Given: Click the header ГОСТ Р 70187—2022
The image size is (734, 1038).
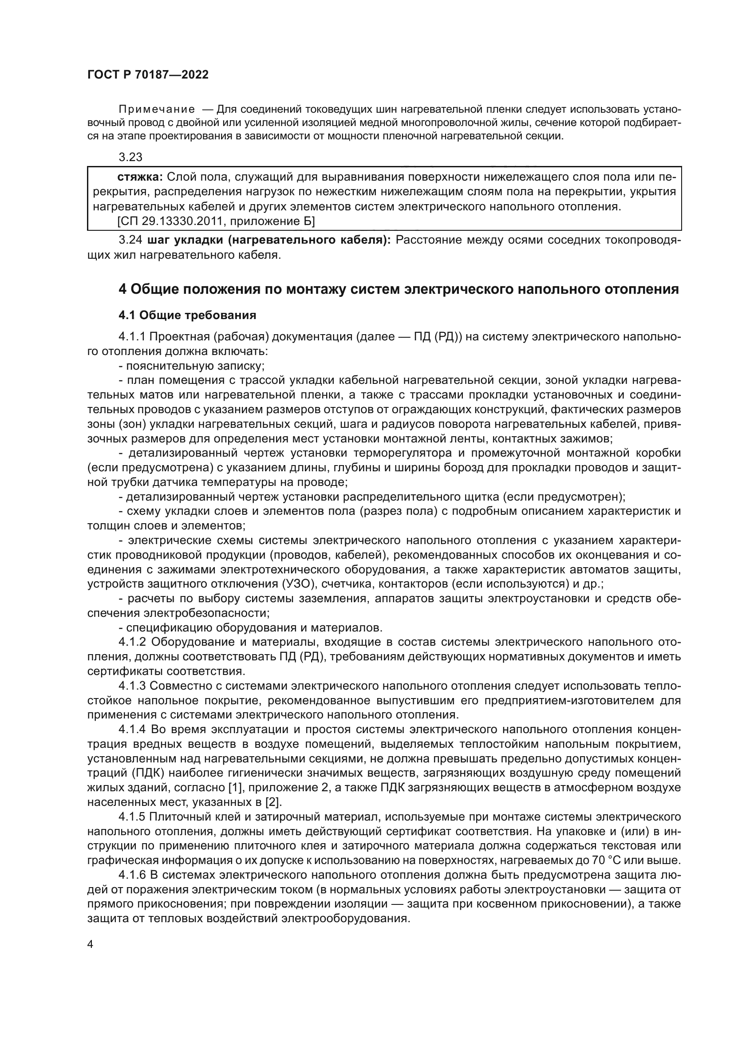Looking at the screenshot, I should coord(148,75).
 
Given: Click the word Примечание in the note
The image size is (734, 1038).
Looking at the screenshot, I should coord(156,110).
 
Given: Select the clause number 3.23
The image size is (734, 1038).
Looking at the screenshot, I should coord(130,158).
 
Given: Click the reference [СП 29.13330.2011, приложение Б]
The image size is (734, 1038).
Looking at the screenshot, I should coord(216,221).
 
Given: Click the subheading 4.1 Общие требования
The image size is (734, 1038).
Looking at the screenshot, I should coord(187,315).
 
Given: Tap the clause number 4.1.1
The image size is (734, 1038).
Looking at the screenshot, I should coord(131,337).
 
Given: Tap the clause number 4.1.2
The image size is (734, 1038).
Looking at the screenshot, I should coord(131,642).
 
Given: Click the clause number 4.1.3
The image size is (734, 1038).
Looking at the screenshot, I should coord(131,686).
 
